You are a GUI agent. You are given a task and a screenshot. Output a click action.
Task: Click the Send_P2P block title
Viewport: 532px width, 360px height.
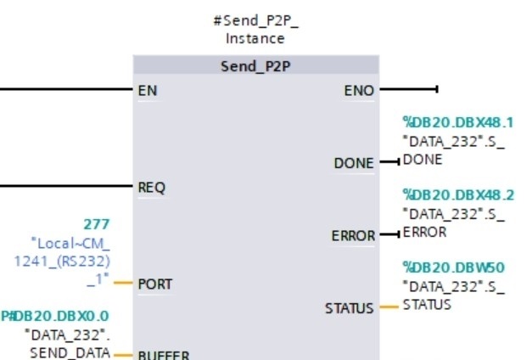tap(255, 66)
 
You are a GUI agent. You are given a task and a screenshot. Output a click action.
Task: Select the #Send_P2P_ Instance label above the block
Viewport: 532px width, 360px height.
tap(255, 30)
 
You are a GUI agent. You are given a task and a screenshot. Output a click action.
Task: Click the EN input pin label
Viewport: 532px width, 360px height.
tap(147, 89)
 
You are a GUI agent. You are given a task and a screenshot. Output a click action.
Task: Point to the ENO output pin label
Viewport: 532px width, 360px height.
tap(358, 89)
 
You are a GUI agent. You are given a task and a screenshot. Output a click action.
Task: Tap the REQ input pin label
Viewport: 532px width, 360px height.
tap(151, 188)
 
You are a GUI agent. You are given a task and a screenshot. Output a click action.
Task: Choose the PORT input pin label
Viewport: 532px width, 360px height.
tap(155, 284)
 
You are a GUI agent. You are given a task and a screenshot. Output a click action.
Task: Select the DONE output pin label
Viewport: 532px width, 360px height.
tap(354, 163)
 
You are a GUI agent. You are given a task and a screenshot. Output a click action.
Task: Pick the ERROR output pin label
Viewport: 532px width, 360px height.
tap(353, 235)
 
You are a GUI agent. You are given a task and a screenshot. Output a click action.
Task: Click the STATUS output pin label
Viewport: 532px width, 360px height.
tap(349, 308)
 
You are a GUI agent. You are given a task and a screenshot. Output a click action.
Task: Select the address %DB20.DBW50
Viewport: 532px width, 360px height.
tap(453, 267)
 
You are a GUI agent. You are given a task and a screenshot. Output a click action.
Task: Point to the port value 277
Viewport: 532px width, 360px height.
tap(97, 224)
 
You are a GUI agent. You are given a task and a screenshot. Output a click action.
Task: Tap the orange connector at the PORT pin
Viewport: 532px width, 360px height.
tap(124, 283)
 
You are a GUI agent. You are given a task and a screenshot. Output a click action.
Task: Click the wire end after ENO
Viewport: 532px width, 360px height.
tap(436, 88)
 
